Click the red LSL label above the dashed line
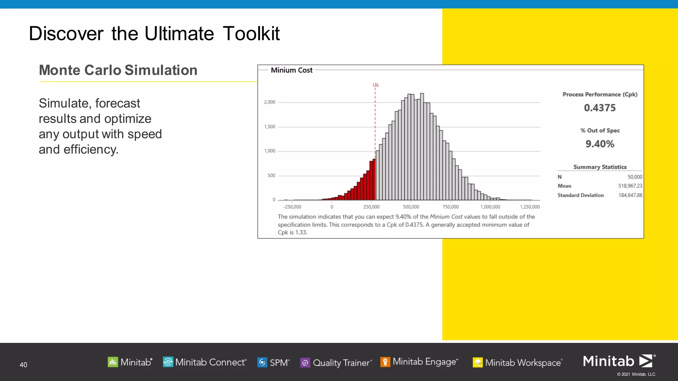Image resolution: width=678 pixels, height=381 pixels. point(376,85)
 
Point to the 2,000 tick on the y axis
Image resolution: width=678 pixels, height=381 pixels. point(269,102)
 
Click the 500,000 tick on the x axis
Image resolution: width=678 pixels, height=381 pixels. point(411,207)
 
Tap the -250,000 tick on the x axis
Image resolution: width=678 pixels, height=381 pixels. point(292,207)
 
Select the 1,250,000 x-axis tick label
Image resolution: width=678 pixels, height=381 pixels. point(530,207)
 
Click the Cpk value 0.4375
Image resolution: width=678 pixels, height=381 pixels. point(600,108)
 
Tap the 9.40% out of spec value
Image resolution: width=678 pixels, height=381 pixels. point(600,144)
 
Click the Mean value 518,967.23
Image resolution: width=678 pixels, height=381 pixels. point(630,186)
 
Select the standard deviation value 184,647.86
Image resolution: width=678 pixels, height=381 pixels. point(630,195)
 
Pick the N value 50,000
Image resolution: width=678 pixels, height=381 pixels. point(635,177)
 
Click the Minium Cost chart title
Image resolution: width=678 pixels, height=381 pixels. point(291,70)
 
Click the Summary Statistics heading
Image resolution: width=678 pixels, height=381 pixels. point(600,167)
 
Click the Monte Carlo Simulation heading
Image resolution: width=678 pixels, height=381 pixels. point(118,70)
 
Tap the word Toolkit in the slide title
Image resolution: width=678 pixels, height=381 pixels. point(251,34)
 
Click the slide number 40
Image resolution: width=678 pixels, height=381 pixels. point(23,365)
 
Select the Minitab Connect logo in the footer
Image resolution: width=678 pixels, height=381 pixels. point(205,362)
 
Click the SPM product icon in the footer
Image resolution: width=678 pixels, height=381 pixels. point(262,362)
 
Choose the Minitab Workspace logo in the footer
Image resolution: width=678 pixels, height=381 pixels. point(517,362)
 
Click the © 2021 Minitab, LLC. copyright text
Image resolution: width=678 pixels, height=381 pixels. point(636,374)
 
